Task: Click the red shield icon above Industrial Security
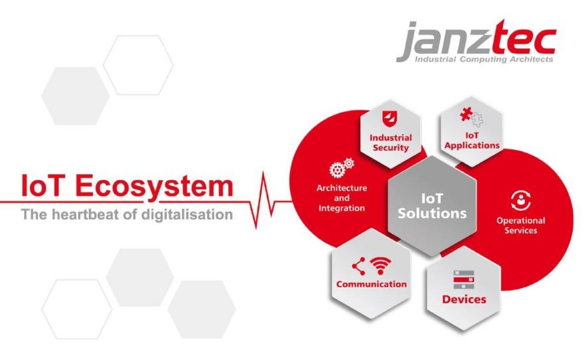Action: [x=390, y=119]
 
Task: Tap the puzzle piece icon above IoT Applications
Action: [x=472, y=117]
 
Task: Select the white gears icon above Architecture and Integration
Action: [x=342, y=167]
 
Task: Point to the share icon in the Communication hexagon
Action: [x=359, y=266]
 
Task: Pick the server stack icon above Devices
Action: [x=464, y=279]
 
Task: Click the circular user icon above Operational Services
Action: [x=521, y=201]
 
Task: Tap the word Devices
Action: [x=464, y=299]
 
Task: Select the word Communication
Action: [x=372, y=285]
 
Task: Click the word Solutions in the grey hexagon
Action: [x=432, y=213]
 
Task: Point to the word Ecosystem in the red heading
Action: [x=155, y=186]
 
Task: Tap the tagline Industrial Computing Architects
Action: [x=484, y=59]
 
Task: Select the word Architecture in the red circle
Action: [x=342, y=188]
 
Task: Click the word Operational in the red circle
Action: [x=521, y=221]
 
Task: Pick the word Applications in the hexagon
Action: [x=472, y=145]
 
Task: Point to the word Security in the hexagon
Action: [x=390, y=148]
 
